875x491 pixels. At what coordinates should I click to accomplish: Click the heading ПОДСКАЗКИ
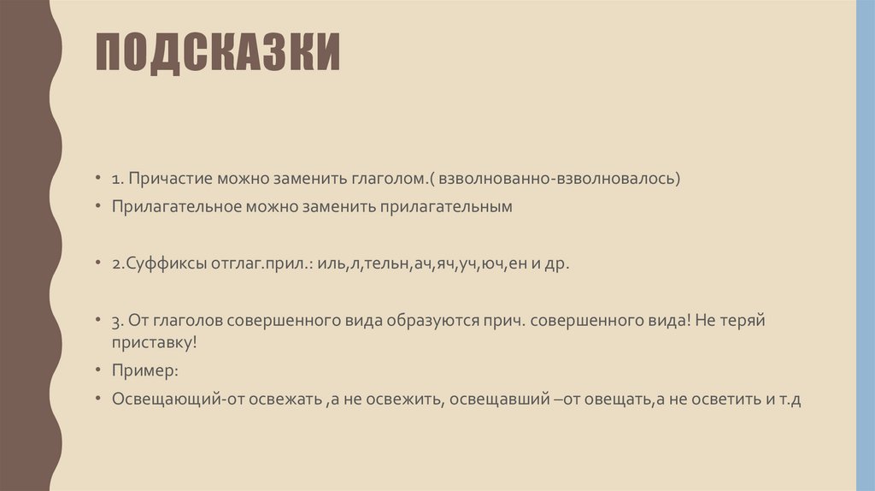click(x=218, y=54)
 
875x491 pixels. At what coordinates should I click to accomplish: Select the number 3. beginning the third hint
click(x=115, y=320)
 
